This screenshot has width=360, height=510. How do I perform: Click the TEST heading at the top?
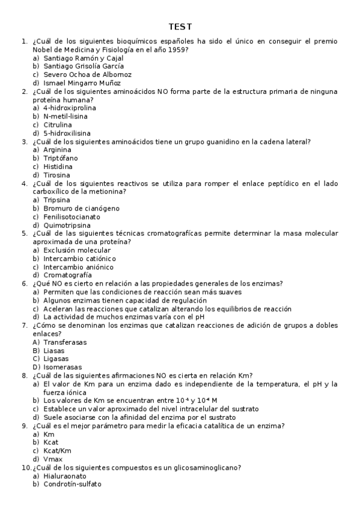pos(180,27)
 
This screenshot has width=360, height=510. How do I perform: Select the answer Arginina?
pos(57,150)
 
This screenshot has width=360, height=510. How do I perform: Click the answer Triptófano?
pos(60,158)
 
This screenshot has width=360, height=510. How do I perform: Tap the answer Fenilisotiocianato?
pos(72,217)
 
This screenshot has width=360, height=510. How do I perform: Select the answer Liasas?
pos(54,350)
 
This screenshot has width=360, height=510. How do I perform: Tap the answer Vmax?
pos(53,459)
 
